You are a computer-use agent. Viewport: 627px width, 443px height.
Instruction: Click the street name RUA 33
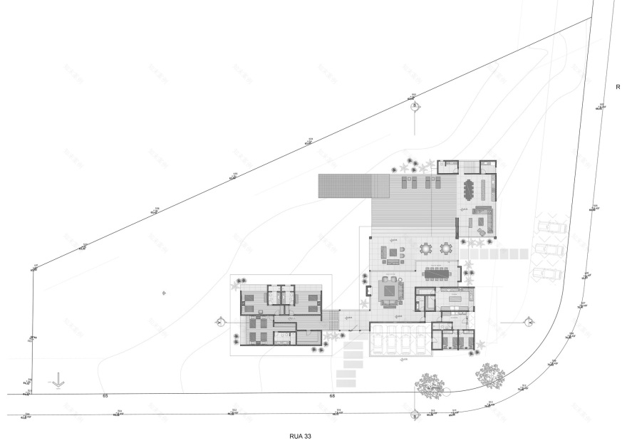pos(300,434)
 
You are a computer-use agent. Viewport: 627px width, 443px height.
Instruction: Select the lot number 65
pos(105,395)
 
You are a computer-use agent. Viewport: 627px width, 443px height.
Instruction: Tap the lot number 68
pos(332,395)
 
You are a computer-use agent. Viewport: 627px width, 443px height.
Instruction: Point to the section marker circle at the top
pos(415,107)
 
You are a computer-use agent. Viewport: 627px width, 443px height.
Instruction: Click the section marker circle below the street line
pos(414,417)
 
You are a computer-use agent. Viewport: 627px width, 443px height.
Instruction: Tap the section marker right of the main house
pos(529,322)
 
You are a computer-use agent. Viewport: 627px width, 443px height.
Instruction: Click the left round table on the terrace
pos(426,249)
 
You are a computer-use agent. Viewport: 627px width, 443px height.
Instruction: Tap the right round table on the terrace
pos(446,249)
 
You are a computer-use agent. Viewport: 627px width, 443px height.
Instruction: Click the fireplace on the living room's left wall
pos(368,290)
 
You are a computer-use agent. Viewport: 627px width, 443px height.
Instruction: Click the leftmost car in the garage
pos(378,340)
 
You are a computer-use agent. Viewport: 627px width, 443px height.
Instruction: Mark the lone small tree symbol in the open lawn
pos(164,293)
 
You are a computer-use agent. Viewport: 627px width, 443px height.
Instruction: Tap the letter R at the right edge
pos(618,87)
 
